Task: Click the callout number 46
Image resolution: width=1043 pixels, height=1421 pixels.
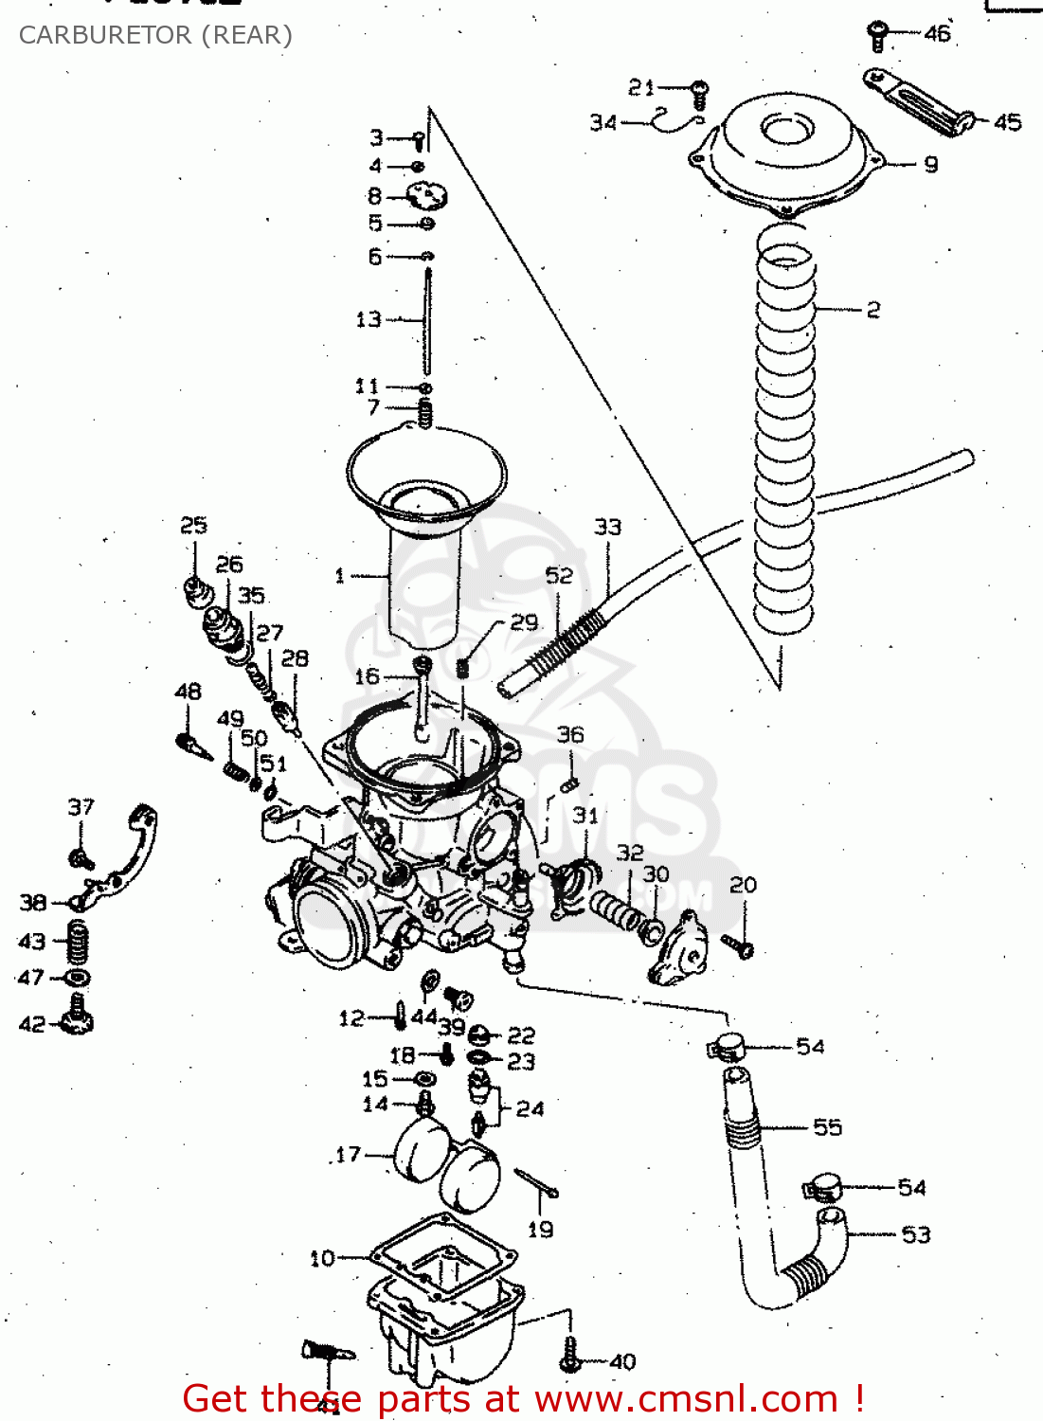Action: pyautogui.click(x=937, y=34)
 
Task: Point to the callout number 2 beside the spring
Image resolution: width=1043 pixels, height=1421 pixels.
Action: pyautogui.click(x=872, y=310)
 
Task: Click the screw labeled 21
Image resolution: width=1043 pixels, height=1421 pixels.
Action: pyautogui.click(x=700, y=91)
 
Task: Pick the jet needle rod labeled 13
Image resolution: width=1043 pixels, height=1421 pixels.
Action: pyautogui.click(x=427, y=322)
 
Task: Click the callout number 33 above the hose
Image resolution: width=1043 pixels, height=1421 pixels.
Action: pyautogui.click(x=607, y=527)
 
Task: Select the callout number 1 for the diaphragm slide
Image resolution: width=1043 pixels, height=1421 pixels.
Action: pyautogui.click(x=340, y=575)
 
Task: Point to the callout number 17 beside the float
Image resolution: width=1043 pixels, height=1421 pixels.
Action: pyautogui.click(x=349, y=1154)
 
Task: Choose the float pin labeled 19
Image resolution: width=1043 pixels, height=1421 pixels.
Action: pyautogui.click(x=536, y=1183)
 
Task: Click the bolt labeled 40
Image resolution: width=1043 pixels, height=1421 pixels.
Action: pyautogui.click(x=570, y=1357)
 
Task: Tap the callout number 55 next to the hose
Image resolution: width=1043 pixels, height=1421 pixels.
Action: pyautogui.click(x=827, y=1127)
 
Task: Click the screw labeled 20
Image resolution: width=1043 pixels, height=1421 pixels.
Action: pyautogui.click(x=738, y=944)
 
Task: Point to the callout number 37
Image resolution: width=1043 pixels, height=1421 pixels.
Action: pyautogui.click(x=81, y=807)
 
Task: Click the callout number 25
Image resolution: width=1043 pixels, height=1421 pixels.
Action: pyautogui.click(x=193, y=525)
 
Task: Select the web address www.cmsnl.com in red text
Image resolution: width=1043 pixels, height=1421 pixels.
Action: pyautogui.click(x=687, y=1399)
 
